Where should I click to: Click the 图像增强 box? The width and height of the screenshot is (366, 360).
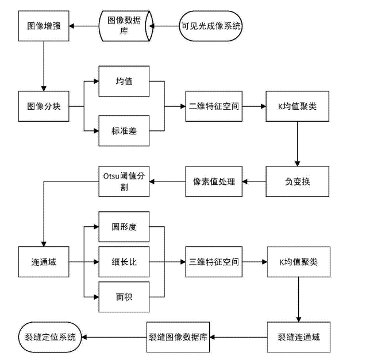pyautogui.click(x=43, y=26)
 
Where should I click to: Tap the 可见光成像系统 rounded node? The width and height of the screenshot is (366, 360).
pyautogui.click(x=211, y=26)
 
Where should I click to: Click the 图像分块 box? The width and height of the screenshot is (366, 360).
pyautogui.click(x=43, y=106)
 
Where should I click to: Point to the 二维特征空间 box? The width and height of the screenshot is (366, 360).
pyautogui.click(x=214, y=106)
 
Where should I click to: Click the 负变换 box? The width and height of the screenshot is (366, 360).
pyautogui.click(x=297, y=181)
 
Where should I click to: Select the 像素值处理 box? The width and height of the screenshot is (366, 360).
pyautogui.click(x=214, y=181)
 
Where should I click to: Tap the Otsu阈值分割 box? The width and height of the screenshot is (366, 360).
pyautogui.click(x=125, y=181)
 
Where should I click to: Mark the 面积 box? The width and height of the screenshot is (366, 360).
pyautogui.click(x=124, y=297)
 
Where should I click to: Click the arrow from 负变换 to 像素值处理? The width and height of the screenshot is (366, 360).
pyautogui.click(x=255, y=181)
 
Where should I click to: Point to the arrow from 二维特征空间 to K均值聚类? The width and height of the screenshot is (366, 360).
pyautogui.click(x=253, y=106)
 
